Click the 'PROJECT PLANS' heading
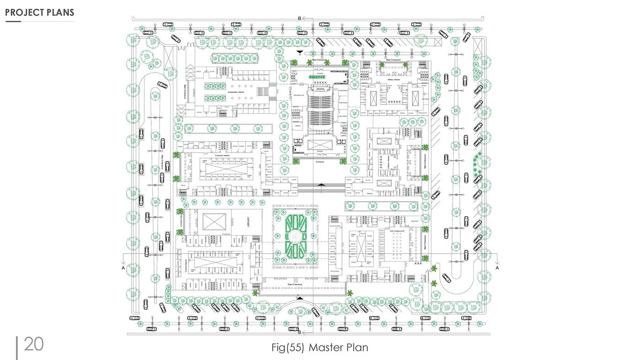(40, 12)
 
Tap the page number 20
(33, 344)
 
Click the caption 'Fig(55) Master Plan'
(320, 347)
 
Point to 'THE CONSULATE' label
(397, 231)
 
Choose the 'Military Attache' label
(394, 79)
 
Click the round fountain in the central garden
(295, 236)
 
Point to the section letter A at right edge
(497, 268)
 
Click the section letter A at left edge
(123, 268)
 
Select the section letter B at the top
(299, 19)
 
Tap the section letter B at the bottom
(299, 332)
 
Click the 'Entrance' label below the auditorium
(320, 162)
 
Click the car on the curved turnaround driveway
(446, 277)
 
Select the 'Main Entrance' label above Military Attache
(393, 60)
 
